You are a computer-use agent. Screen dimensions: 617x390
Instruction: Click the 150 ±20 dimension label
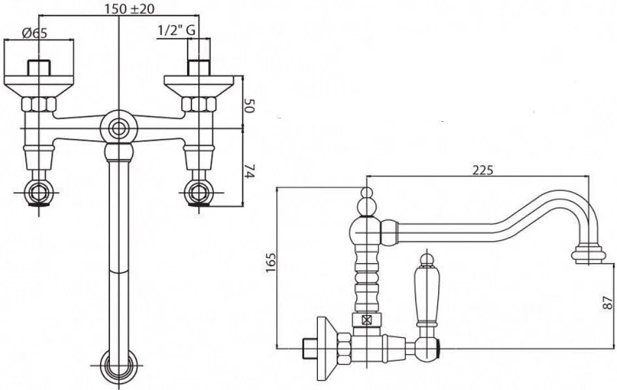[x=129, y=8]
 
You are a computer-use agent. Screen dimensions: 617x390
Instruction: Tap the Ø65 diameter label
[x=34, y=33]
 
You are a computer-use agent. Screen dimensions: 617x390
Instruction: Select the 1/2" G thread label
[x=176, y=31]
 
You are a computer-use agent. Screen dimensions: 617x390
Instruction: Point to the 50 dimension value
[x=250, y=106]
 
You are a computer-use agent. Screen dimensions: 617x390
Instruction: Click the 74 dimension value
[x=250, y=171]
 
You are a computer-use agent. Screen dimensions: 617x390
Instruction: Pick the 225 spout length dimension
[x=482, y=170]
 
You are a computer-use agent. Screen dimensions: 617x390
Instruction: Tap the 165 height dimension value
[x=270, y=262]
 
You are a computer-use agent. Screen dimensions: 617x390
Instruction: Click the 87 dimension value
[x=608, y=303]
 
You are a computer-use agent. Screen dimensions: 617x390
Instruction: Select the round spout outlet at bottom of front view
[x=118, y=365]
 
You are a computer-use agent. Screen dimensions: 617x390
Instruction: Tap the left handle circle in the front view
[x=39, y=193]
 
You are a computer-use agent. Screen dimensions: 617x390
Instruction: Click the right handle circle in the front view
[x=199, y=193]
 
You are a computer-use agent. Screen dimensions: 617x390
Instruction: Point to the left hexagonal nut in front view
[x=39, y=104]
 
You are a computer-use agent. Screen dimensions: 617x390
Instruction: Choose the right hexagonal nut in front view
[x=199, y=104]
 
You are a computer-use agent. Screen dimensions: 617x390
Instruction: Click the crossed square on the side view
[x=367, y=320]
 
